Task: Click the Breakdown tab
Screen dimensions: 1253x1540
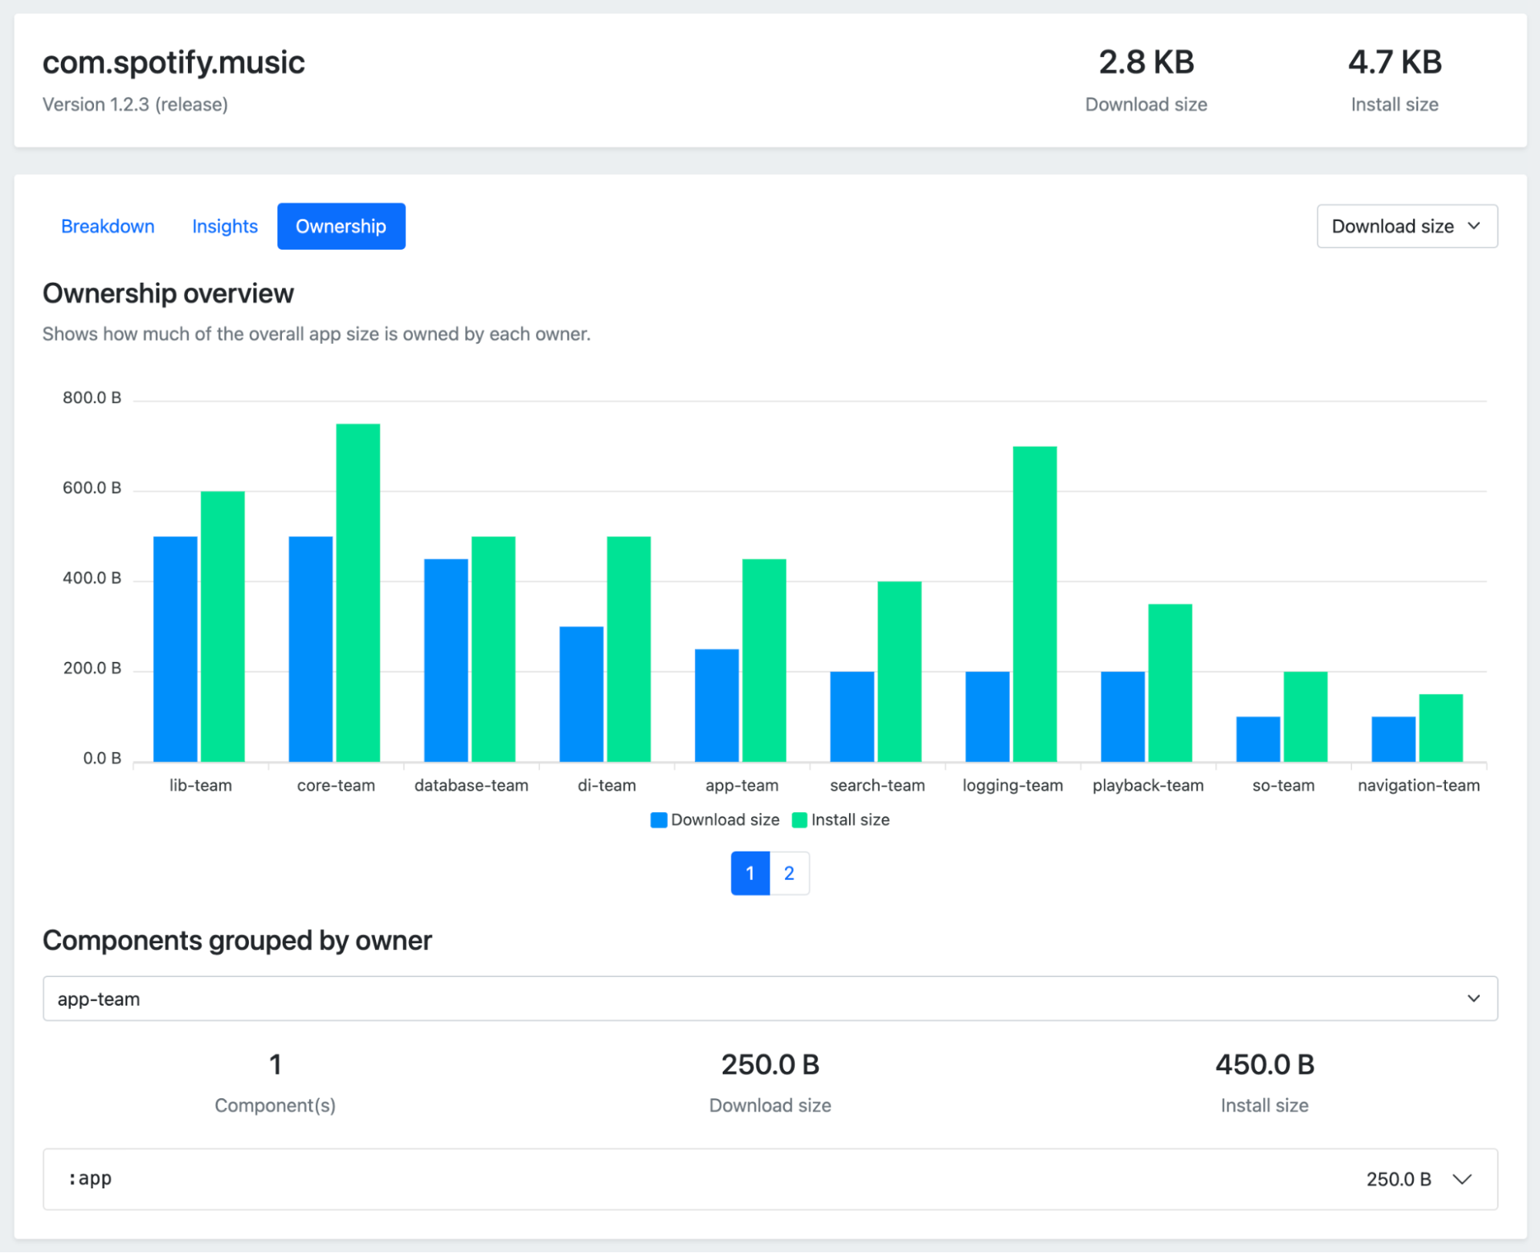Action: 108,227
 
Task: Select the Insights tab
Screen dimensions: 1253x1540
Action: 225,227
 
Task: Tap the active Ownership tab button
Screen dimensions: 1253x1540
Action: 341,227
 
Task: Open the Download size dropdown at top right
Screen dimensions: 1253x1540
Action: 1407,227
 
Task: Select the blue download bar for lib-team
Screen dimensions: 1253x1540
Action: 175,648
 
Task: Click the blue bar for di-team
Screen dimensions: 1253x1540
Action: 582,694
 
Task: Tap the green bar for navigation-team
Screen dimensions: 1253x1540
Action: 1441,727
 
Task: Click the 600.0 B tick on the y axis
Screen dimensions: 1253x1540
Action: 92,488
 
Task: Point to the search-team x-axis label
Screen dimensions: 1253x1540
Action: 877,785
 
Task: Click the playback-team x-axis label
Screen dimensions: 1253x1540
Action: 1148,785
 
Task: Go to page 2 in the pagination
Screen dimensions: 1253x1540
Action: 789,873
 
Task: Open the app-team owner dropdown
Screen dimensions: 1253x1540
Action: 770,999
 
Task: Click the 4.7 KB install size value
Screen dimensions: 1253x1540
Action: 1394,62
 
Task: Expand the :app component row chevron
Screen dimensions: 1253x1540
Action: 1462,1179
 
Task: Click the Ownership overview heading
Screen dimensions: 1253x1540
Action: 168,294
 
